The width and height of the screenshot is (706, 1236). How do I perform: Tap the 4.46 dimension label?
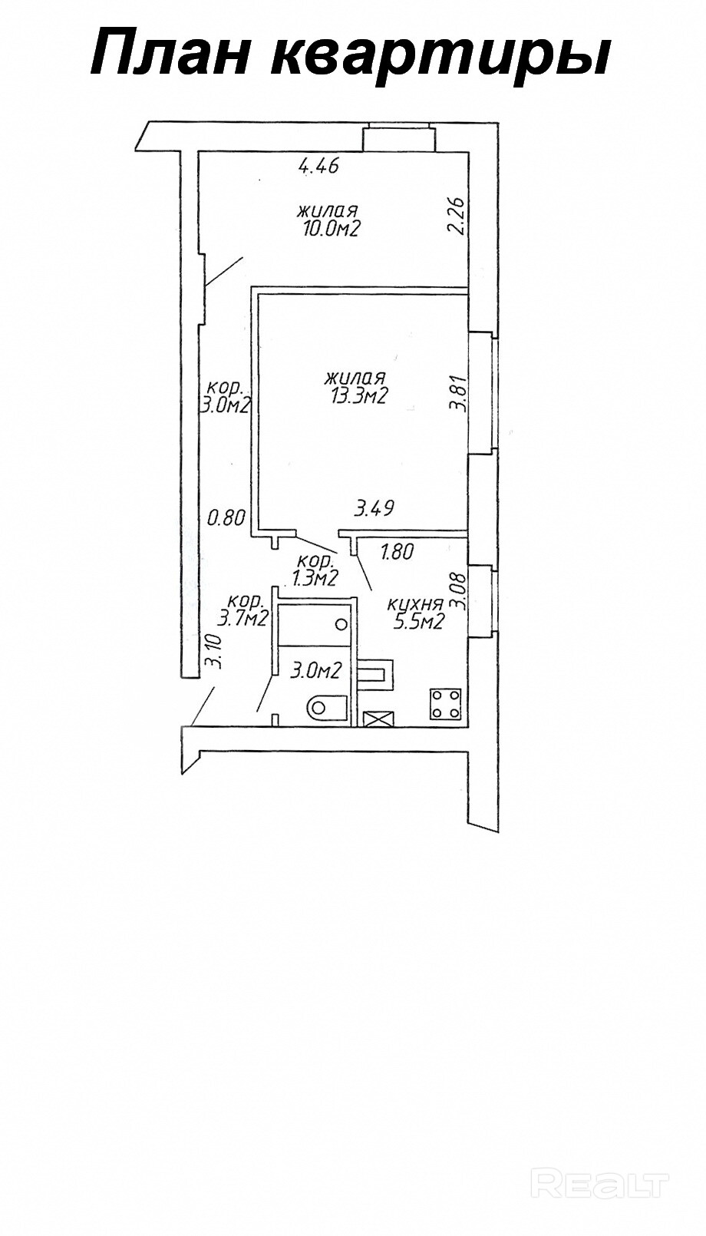(x=318, y=166)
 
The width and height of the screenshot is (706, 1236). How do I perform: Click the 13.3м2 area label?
(x=354, y=396)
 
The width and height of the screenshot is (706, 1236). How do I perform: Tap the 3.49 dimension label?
(x=374, y=507)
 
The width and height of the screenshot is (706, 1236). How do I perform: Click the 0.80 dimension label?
(x=226, y=518)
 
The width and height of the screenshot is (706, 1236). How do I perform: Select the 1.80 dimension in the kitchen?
(x=398, y=551)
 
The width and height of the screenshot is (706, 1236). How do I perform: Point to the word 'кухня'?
(x=415, y=604)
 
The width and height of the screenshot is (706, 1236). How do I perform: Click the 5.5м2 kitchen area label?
(x=419, y=622)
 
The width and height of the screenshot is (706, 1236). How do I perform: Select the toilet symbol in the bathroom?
(x=326, y=706)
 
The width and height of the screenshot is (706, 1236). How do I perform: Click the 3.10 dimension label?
(x=216, y=652)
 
